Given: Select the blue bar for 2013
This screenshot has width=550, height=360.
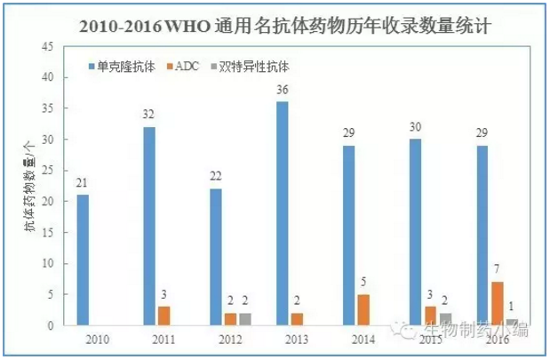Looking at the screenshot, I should click(x=282, y=213).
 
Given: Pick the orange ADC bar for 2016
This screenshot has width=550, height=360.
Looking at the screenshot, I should click(x=498, y=303).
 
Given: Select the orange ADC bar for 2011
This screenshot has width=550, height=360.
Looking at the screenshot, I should click(x=163, y=316).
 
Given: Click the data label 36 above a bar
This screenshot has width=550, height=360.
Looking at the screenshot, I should click(x=282, y=90).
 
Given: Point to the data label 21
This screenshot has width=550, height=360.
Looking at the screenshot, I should click(x=83, y=183).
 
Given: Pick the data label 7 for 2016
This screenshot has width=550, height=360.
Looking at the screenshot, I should click(x=498, y=270).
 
